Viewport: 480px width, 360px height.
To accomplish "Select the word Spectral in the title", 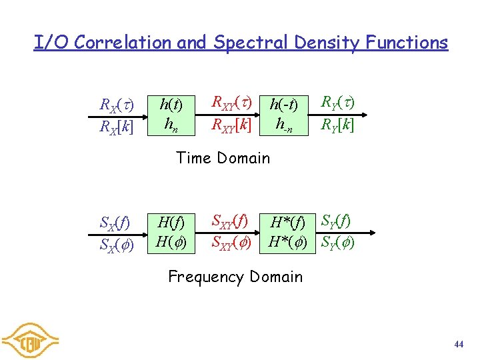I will point(244,43).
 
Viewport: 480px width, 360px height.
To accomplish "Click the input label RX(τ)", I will point(117,105).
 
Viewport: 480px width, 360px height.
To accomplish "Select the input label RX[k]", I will point(117,125).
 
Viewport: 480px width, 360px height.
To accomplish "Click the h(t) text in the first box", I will point(171,104).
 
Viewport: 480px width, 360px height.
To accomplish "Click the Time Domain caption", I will point(223,158).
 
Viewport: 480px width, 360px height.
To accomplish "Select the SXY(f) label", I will point(229,221).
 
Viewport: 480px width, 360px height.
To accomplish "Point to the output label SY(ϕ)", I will point(337,241).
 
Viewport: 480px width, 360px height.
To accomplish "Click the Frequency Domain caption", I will point(235,277).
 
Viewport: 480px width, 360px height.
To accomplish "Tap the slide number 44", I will point(458,344).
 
